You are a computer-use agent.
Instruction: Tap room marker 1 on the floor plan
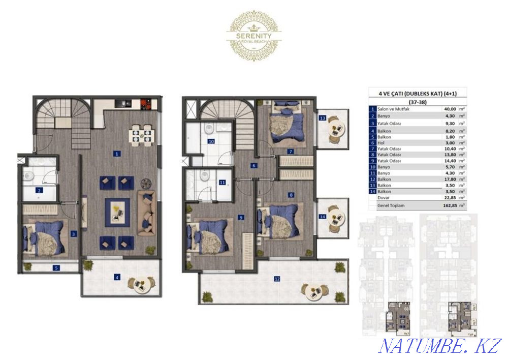(x=117, y=153)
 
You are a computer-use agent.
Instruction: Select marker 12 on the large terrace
(x=277, y=279)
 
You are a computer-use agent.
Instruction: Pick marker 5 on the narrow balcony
(x=56, y=267)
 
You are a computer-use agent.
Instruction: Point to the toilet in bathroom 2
(x=29, y=176)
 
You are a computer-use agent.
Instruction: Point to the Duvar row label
(x=384, y=198)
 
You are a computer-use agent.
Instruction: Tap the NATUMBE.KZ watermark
(x=440, y=346)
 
